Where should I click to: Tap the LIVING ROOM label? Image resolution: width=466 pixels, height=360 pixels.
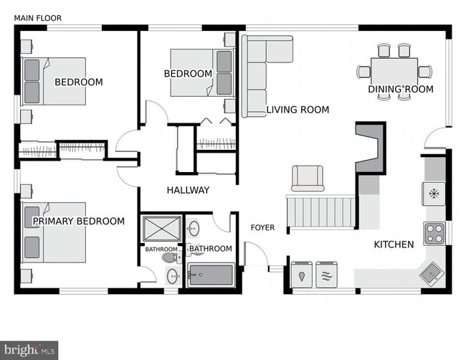[298, 110]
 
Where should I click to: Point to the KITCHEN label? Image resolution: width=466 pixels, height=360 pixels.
[394, 245]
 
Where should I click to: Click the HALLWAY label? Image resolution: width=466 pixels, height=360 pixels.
[188, 190]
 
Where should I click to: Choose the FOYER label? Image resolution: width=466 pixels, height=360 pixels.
[262, 228]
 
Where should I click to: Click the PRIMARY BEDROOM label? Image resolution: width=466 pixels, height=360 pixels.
[79, 222]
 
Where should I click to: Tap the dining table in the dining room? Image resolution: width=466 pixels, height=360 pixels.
[394, 71]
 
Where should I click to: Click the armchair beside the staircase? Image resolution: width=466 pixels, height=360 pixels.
[307, 178]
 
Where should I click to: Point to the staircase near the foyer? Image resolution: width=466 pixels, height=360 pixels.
[321, 211]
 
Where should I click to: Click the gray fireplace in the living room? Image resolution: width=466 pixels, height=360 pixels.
[370, 148]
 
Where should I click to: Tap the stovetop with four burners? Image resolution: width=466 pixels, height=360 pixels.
[434, 232]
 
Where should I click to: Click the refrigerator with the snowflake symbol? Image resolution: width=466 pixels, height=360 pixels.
[434, 193]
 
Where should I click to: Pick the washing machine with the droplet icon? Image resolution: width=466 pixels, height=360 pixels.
[302, 275]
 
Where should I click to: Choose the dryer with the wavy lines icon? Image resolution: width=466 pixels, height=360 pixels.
[328, 275]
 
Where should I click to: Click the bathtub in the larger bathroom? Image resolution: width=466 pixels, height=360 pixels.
[211, 275]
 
